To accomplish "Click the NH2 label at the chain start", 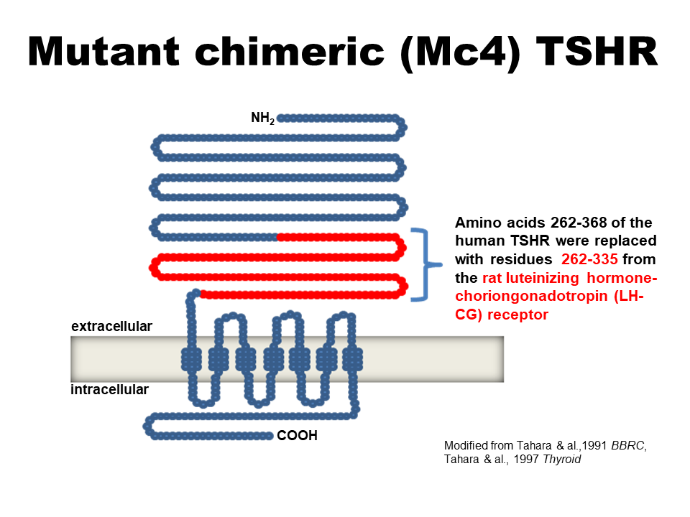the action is point(263,118).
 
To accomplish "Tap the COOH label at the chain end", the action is point(297,435).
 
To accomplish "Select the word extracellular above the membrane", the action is point(112,326).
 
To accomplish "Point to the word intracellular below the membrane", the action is point(109,389).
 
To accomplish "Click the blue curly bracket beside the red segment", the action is point(426,264).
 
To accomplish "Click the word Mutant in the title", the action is point(103,52).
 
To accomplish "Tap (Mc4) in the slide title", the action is point(461,52).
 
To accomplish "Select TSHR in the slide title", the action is point(597,52).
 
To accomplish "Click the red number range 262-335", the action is point(589,259).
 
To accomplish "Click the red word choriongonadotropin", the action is point(532,297).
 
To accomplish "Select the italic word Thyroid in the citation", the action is point(562,459).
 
